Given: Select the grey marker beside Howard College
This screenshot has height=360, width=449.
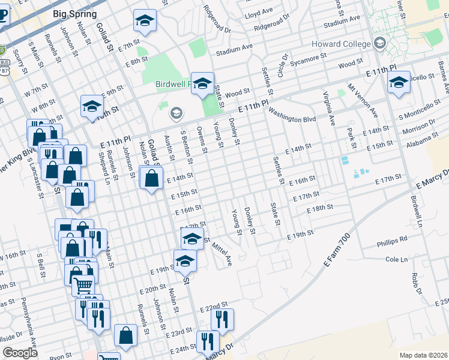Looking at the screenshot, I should [x=379, y=43].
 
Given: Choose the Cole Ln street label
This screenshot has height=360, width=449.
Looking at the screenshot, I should [x=396, y=259].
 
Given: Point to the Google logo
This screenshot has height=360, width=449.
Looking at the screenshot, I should [x=20, y=353].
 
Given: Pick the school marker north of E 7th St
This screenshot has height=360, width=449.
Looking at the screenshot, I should [x=144, y=20].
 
